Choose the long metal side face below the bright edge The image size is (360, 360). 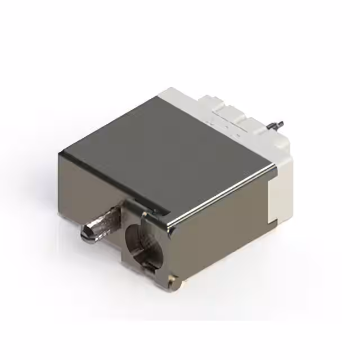click(225, 231)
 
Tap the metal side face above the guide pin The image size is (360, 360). click(90, 186)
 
